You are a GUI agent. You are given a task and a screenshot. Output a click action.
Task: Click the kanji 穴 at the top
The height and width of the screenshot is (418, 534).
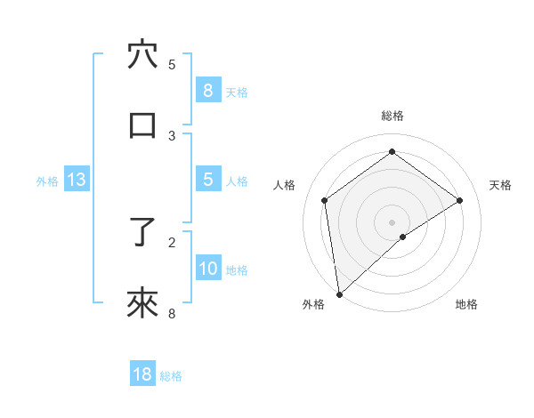143,55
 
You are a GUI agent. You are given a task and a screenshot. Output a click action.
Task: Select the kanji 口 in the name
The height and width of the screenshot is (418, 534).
143,125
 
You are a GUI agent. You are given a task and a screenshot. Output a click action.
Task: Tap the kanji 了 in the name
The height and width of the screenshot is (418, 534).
143,232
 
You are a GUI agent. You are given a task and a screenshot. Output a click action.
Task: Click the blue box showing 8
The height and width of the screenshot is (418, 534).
207,91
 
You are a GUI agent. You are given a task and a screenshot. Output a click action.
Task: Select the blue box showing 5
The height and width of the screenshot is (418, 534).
207,180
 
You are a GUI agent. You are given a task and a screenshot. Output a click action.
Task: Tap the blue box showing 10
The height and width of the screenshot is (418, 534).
207,268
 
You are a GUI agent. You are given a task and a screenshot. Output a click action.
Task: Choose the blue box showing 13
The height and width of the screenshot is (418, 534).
77,180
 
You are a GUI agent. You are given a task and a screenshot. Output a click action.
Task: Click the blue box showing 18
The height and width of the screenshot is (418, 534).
142,374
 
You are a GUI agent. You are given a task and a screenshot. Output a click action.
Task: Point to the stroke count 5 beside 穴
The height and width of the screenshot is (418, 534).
172,65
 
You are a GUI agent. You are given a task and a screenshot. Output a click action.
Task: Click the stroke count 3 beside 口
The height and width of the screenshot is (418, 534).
172,136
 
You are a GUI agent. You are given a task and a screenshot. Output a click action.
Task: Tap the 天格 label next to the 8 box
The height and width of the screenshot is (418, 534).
237,92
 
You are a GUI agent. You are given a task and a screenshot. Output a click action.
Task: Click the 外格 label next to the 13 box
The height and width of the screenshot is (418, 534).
47,181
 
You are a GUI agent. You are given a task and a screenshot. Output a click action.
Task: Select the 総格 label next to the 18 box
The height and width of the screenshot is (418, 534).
171,375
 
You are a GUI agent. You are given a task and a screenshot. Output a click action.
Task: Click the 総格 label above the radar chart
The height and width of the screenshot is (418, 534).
392,116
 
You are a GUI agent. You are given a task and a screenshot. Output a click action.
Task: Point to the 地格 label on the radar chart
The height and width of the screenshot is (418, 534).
466,304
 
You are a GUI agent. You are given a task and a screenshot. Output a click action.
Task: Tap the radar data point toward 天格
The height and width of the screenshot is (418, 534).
460,200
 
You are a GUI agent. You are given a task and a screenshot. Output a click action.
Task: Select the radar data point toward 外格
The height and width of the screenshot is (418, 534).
339,293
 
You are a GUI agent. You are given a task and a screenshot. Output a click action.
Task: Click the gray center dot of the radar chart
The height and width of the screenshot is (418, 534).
392,221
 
